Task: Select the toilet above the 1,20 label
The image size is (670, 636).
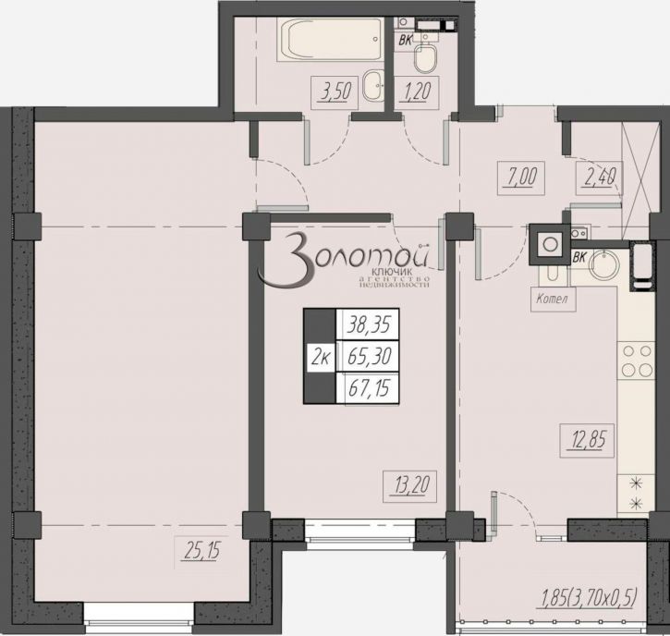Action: pyautogui.click(x=426, y=60)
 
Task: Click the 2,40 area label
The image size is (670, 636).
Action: pyautogui.click(x=598, y=173)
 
